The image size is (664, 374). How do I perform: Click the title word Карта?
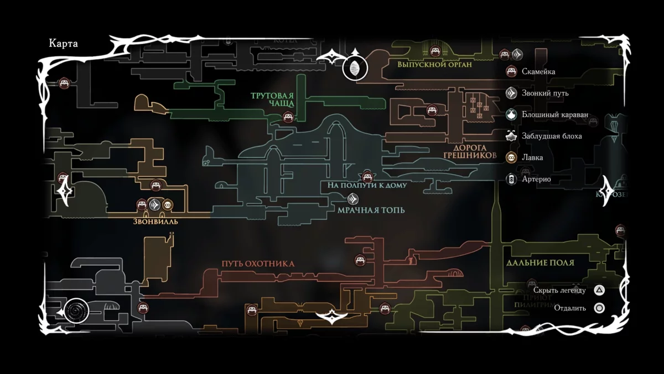(x=63, y=44)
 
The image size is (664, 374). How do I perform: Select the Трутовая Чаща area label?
(x=272, y=99)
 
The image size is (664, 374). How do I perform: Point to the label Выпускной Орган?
(x=434, y=64)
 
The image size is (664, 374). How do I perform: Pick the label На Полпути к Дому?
(x=367, y=186)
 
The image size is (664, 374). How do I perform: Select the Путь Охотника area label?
(x=258, y=264)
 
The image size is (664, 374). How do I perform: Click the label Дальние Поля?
(x=540, y=263)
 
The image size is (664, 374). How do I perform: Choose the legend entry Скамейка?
(x=538, y=72)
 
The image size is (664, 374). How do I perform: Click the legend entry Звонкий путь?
(x=545, y=93)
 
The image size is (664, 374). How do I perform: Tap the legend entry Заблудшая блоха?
(x=552, y=136)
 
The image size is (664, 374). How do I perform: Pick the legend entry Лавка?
(x=532, y=157)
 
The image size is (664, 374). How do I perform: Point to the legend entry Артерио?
(x=536, y=179)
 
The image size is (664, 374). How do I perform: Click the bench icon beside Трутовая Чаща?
(x=288, y=117)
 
